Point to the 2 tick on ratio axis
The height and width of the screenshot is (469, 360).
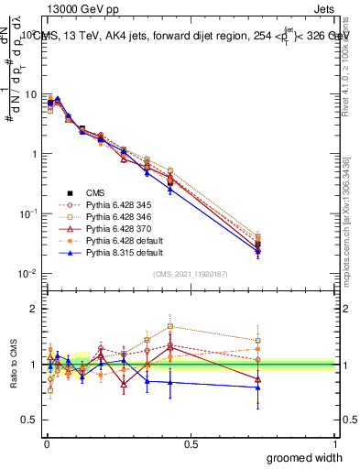click(34, 309)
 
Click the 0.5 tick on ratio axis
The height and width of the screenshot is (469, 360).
click(30, 420)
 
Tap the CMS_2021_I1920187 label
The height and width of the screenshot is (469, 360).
click(191, 275)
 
